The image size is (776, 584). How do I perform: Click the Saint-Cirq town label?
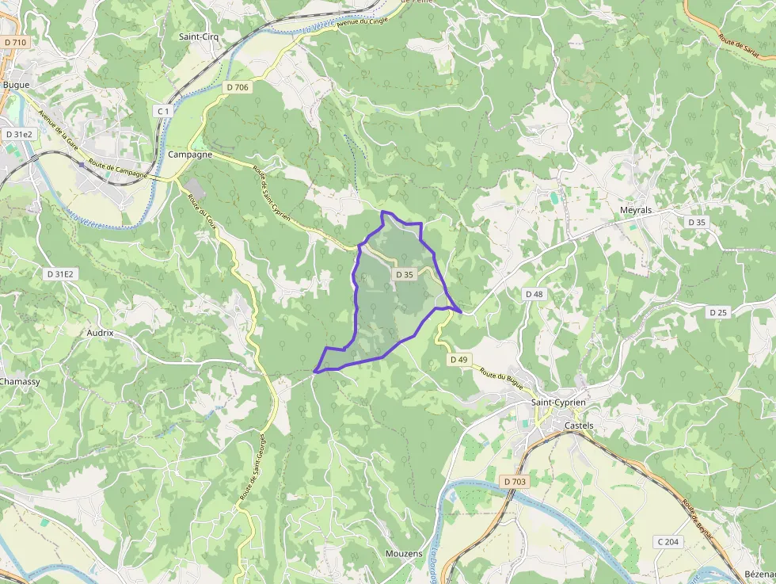(199, 36)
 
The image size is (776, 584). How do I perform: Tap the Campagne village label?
(190, 155)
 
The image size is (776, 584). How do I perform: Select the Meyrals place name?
(636, 210)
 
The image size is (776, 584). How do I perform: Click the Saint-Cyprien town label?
(558, 403)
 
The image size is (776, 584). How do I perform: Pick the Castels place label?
(579, 426)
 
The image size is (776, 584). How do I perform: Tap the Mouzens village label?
(404, 553)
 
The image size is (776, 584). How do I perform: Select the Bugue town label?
(16, 85)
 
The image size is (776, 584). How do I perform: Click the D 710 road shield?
(14, 42)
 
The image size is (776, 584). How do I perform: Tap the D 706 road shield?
(237, 87)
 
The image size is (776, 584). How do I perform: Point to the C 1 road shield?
(163, 112)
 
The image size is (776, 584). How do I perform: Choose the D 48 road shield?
(534, 294)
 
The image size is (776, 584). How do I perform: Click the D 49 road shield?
(459, 359)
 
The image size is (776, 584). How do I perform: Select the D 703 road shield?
(514, 481)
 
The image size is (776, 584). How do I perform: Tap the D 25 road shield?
(717, 312)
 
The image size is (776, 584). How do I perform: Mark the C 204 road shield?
(668, 541)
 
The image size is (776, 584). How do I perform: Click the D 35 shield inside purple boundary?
(404, 274)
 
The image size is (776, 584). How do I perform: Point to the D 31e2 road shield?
(19, 135)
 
